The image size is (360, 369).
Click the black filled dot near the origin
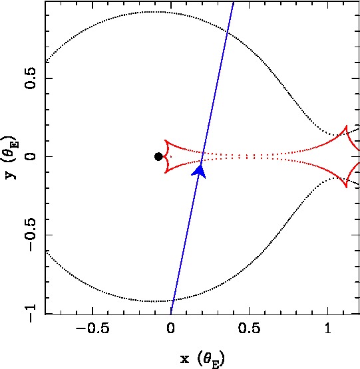(x=158, y=156)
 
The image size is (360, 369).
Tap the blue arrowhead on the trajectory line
(x=200, y=172)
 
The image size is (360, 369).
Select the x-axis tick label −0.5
(x=92, y=328)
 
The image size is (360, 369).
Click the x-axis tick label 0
(x=170, y=328)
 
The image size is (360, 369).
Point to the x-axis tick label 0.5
(x=249, y=328)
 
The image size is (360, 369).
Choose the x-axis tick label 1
(x=327, y=328)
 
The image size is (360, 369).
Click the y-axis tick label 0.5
(x=30, y=78)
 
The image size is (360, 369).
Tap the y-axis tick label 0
(x=30, y=156)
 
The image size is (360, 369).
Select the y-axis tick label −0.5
(x=31, y=235)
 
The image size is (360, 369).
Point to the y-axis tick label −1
(x=31, y=313)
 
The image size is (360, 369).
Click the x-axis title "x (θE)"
(x=202, y=359)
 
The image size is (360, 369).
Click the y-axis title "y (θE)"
(x=10, y=157)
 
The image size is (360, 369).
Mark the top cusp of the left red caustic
(x=166, y=140)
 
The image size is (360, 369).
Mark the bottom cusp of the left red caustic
(x=166, y=173)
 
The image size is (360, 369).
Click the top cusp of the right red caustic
(x=346, y=126)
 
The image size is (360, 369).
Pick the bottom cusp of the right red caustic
(x=346, y=187)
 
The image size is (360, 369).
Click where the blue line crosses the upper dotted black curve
(x=228, y=32)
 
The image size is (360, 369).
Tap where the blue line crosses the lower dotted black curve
(x=173, y=300)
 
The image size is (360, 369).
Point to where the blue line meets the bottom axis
(x=170, y=314)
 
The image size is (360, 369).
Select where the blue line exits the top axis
(x=234, y=2)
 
